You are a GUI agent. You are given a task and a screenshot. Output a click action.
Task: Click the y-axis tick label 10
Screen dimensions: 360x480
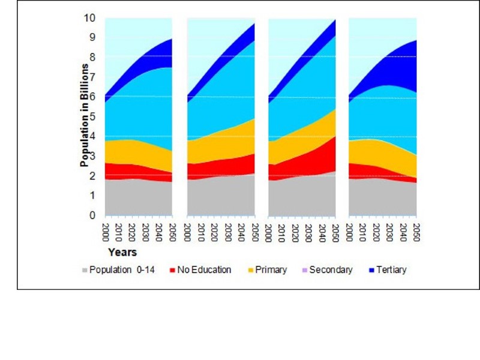[89, 18]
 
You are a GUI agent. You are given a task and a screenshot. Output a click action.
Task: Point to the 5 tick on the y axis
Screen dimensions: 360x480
[92, 116]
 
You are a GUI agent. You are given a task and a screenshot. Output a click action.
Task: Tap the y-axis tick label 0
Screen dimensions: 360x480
[92, 215]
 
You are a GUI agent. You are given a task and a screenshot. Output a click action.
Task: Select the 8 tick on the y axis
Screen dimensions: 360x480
[92, 57]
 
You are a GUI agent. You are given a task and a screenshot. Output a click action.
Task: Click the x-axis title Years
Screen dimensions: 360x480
[122, 252]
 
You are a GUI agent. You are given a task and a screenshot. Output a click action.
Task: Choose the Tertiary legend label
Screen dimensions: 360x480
[391, 270]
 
